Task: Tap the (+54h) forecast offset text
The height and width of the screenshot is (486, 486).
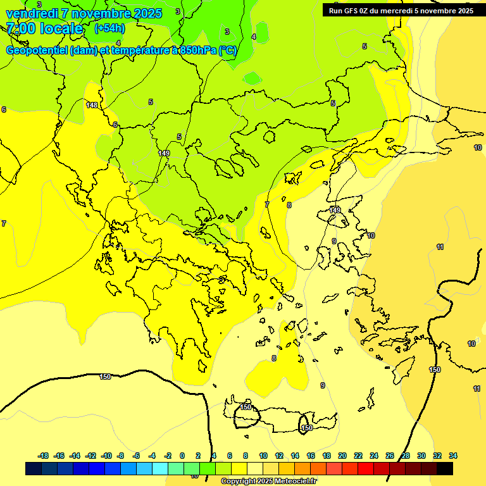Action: pos(109,28)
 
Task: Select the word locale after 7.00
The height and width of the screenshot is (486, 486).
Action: pos(61,28)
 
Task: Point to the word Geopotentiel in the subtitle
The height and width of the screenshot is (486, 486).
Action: pos(37,51)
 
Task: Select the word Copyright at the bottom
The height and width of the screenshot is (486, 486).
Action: pos(240,482)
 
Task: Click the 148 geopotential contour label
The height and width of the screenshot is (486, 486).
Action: pos(92,105)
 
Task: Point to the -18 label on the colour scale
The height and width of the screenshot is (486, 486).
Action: pos(44,456)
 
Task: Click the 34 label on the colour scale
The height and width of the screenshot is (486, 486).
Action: pos(453,456)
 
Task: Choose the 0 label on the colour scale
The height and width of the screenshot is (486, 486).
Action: pos(182,456)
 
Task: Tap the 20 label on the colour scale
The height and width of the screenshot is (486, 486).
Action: pos(342,456)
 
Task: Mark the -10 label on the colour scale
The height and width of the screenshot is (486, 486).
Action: pos(106,456)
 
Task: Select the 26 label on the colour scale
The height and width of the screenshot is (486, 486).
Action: pos(390,456)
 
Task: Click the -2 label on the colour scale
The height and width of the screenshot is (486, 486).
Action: pos(168,456)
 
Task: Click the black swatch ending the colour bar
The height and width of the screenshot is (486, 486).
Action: pos(445,468)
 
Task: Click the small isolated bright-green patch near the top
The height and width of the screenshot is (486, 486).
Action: pos(252,78)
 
